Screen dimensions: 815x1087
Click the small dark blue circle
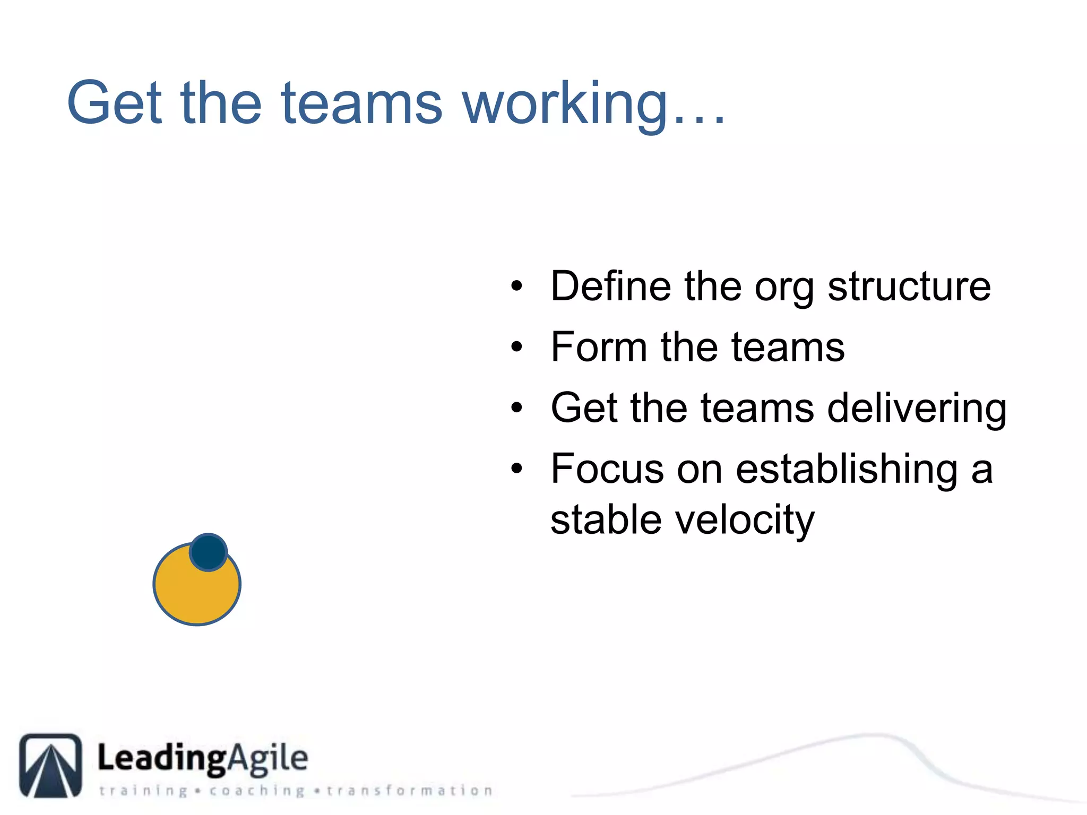[x=208, y=552]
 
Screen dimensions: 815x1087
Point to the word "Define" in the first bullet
[x=610, y=287]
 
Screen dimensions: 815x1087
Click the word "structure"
[x=909, y=287]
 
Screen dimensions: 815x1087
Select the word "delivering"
[x=917, y=408]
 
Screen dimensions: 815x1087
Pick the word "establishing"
[x=847, y=469]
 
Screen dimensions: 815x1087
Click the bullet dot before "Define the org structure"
[x=516, y=287]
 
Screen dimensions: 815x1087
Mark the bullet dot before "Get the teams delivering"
[x=516, y=408]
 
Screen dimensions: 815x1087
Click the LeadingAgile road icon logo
[x=51, y=765]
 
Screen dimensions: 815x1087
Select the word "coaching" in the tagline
[x=257, y=791]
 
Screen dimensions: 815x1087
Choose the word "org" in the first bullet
[x=784, y=289]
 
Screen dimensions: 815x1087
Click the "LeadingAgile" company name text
[x=202, y=758]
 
